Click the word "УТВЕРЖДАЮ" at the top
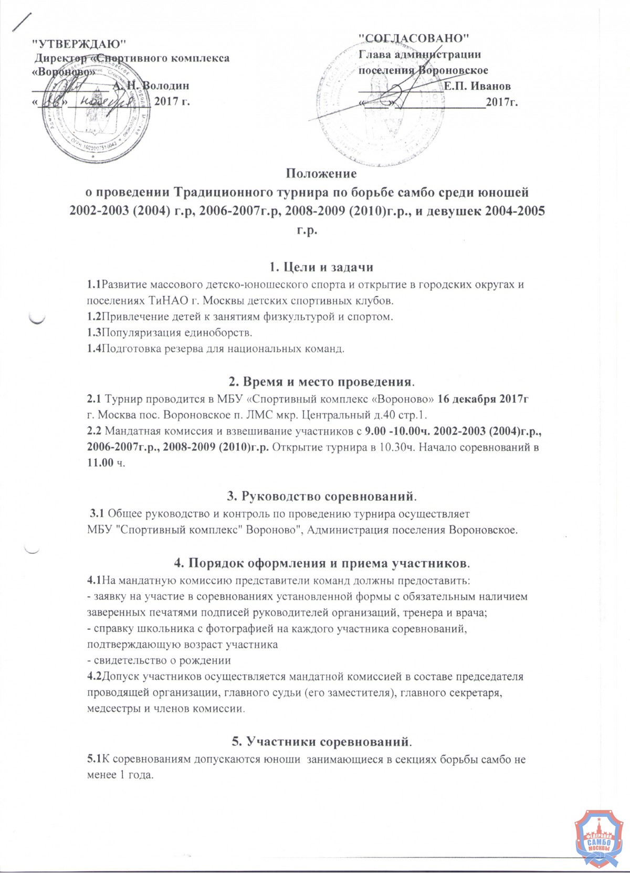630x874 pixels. pyautogui.click(x=79, y=42)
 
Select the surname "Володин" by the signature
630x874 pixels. pyautogui.click(x=165, y=86)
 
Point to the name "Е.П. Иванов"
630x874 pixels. pyautogui.click(x=477, y=86)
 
